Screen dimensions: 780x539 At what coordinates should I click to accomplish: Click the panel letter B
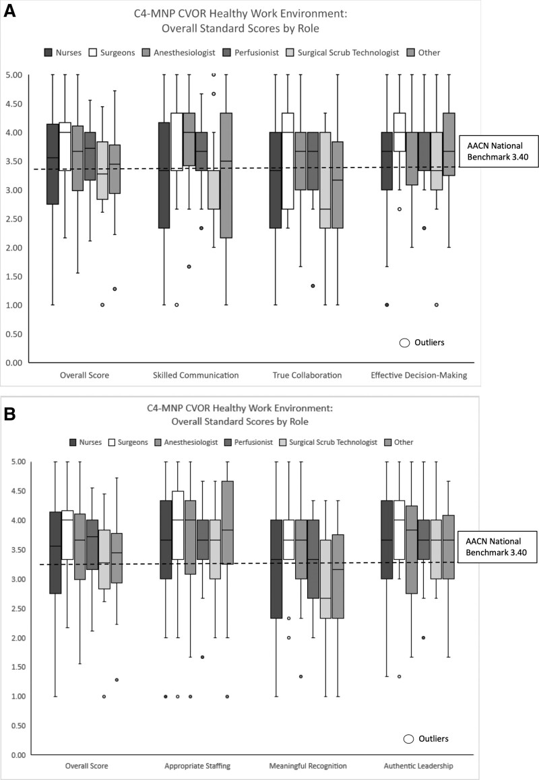pos(12,411)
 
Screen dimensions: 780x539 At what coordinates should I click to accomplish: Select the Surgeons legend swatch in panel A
pos(97,52)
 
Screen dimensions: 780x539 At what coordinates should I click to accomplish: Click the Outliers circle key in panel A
pos(405,343)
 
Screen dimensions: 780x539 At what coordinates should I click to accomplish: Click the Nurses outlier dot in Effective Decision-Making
pos(387,305)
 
